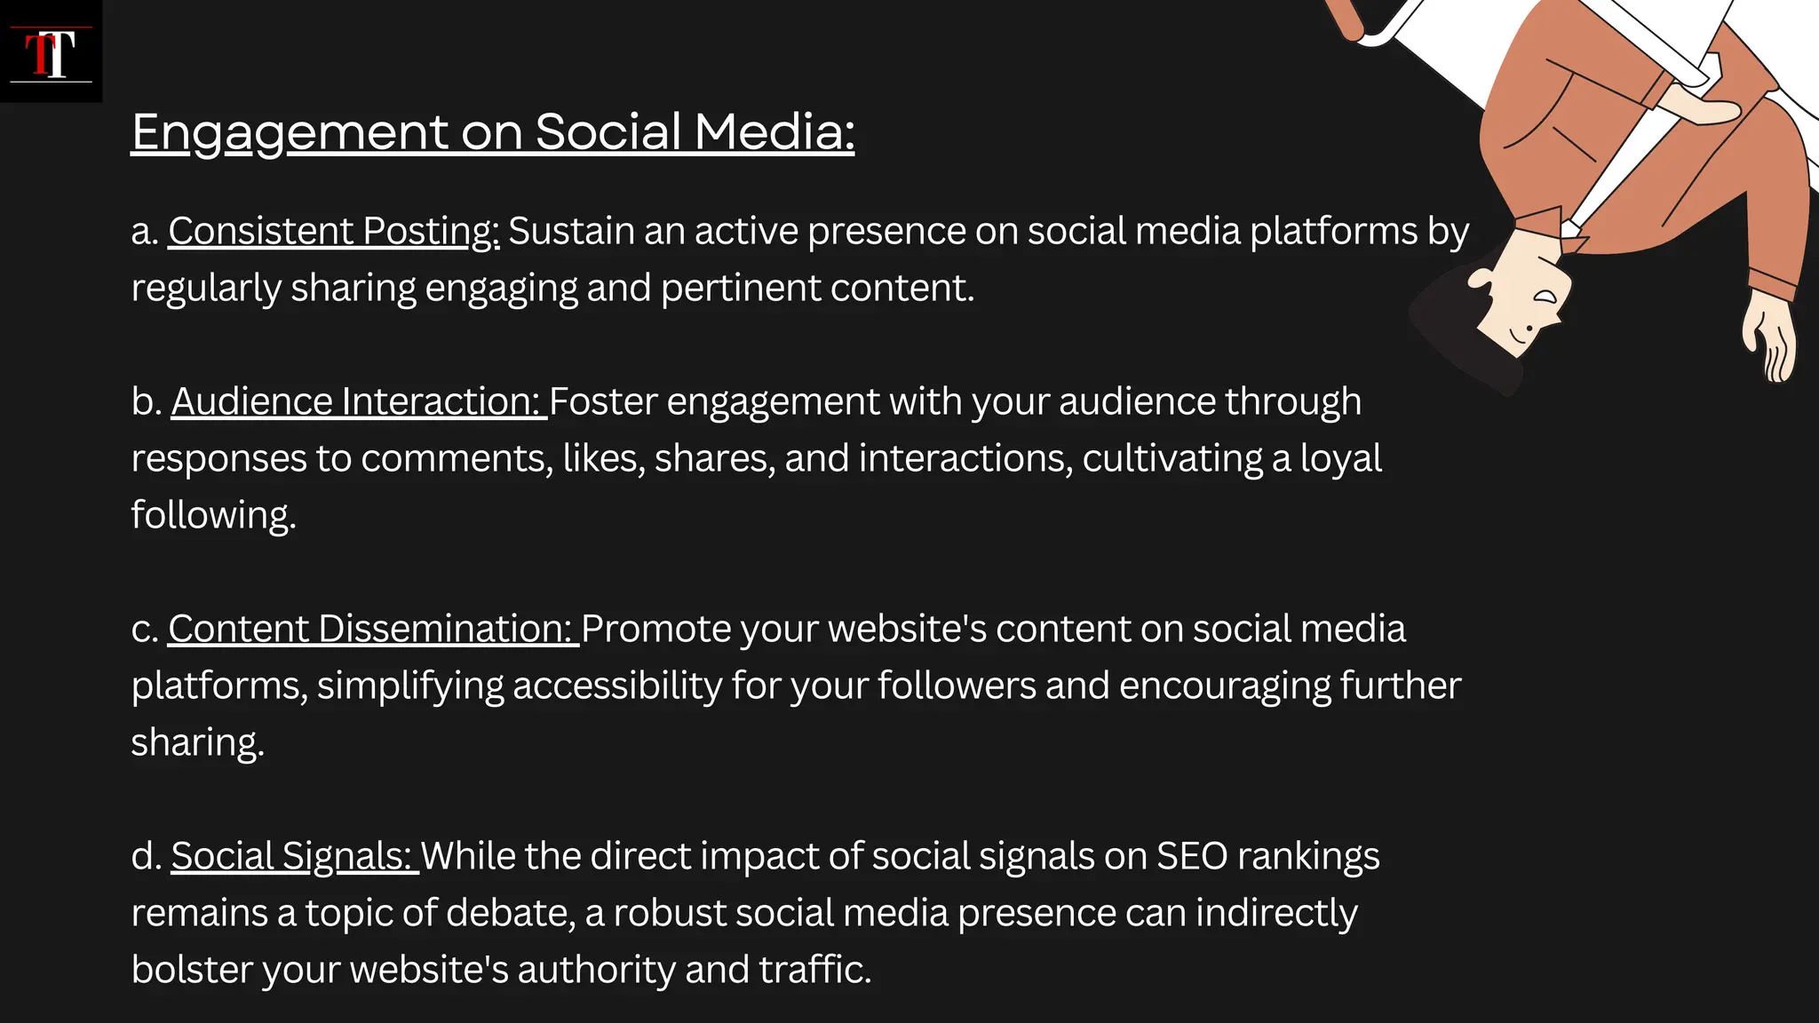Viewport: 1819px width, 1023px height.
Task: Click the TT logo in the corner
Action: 51,52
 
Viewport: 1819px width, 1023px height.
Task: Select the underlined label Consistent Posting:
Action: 334,231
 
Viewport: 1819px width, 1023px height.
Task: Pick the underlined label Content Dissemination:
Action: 372,629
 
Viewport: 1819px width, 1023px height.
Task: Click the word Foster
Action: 603,401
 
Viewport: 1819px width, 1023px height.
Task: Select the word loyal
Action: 1340,458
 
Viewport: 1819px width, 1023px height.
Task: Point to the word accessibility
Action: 617,686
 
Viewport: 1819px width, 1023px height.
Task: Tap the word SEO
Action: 1192,856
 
